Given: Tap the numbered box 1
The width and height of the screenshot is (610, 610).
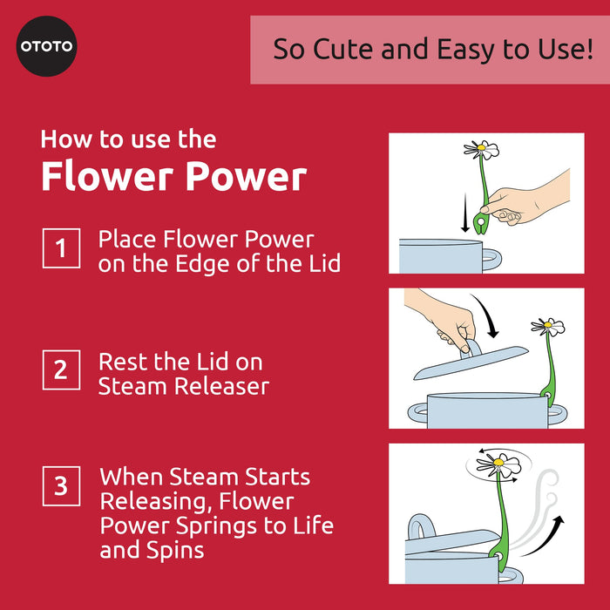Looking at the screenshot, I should (61, 248).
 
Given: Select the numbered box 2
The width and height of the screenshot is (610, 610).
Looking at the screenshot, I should (61, 369).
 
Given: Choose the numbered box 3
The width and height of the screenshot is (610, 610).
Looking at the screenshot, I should (61, 485).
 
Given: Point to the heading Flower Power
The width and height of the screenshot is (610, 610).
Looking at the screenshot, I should (173, 177).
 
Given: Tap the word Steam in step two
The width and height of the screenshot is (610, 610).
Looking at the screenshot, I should (129, 385).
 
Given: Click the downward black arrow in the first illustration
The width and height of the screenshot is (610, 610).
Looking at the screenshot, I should (466, 214).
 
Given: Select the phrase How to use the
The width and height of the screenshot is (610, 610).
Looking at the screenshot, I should (128, 139).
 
